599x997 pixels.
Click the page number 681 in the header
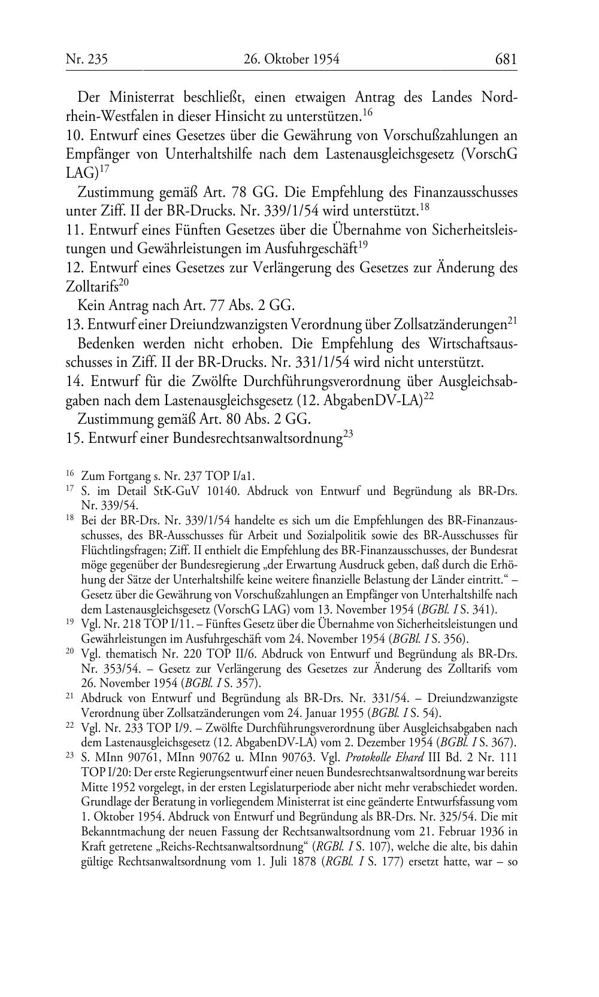[x=506, y=59]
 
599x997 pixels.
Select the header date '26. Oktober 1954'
[x=292, y=59]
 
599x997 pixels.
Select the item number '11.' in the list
[x=74, y=230]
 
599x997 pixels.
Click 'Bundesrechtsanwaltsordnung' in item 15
[x=257, y=439]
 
